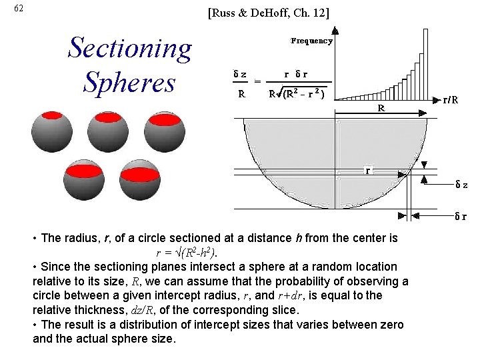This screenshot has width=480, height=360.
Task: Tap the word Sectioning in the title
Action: coord(130,48)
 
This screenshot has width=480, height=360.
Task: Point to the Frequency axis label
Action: coord(311,41)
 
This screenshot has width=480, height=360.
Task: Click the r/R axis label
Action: coord(455,101)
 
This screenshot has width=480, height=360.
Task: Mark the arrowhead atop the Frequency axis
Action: coord(335,29)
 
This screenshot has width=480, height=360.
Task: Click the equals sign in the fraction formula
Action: coord(257,83)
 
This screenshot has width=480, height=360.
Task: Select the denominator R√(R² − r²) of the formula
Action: coord(297,95)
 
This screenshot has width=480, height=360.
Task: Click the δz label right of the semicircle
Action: coord(461,184)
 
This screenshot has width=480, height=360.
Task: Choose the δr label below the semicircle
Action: coord(460,215)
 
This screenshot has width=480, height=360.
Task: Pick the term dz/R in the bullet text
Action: coord(156,310)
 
